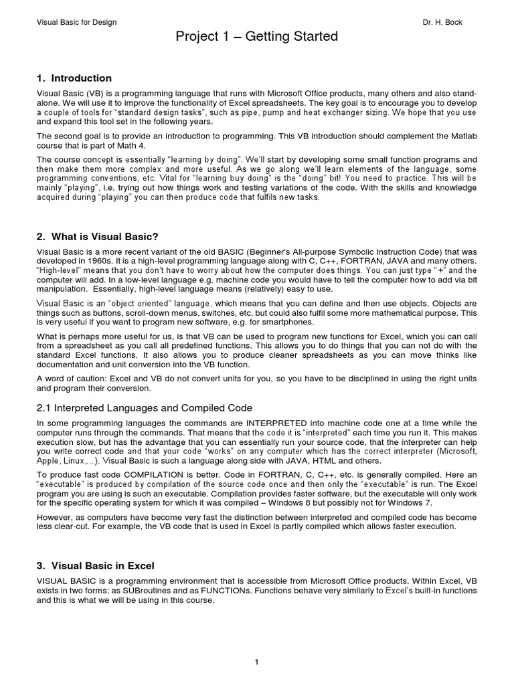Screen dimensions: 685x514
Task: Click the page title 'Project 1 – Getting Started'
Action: [x=257, y=37]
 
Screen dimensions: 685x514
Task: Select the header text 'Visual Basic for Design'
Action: [x=76, y=22]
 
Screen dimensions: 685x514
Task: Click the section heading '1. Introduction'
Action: [x=74, y=78]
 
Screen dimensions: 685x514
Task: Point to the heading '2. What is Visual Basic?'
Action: [x=97, y=237]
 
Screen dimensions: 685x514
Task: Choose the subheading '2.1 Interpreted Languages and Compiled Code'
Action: [x=145, y=407]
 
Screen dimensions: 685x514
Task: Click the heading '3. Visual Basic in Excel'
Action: [x=95, y=565]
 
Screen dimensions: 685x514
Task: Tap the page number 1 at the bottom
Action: [x=256, y=662]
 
